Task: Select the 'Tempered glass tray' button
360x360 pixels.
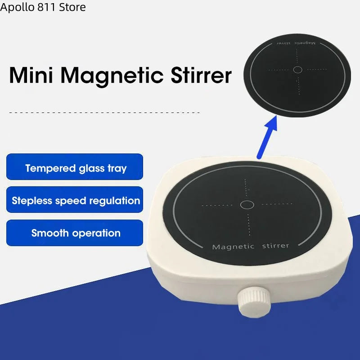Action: point(75,168)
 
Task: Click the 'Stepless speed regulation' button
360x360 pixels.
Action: point(75,200)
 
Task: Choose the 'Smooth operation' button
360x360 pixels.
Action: point(75,233)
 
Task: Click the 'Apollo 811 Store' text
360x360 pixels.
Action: point(43,7)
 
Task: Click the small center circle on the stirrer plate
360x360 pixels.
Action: point(247,205)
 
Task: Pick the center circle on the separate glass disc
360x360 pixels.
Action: point(297,69)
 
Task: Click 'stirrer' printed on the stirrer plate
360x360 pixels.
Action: point(275,246)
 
